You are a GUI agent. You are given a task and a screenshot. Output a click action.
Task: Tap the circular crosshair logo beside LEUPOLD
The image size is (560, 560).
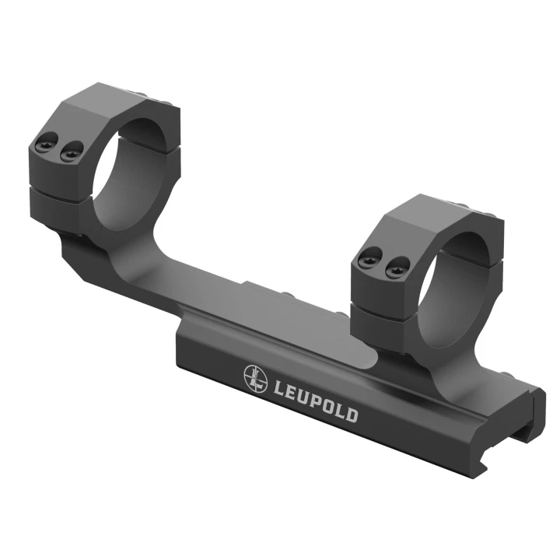point(256,378)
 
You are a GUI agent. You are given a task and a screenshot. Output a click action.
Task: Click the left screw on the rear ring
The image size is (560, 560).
point(47,142)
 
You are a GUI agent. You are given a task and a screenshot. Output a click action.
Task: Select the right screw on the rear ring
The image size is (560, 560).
point(72,152)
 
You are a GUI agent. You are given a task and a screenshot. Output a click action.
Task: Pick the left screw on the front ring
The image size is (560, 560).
point(369,259)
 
